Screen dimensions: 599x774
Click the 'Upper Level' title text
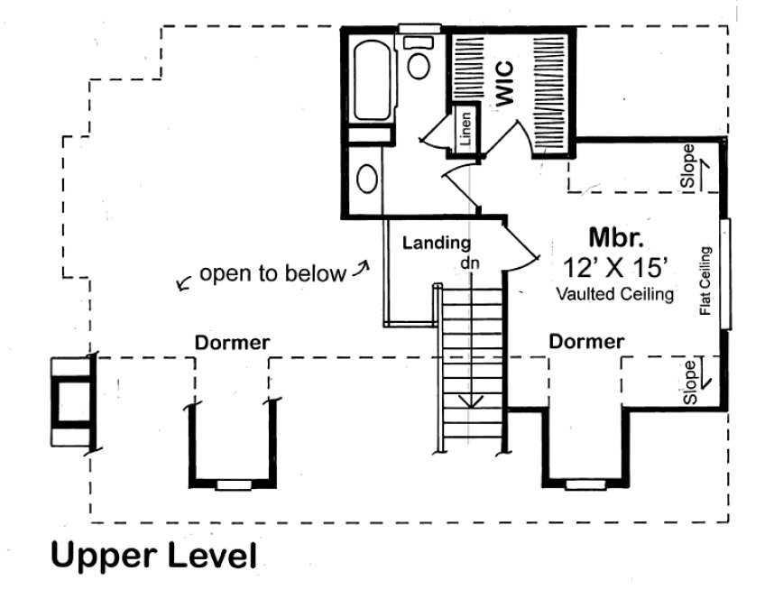click(153, 555)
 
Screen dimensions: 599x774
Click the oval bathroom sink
click(366, 178)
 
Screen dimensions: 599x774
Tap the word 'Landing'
click(436, 242)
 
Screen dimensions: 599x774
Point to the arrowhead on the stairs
click(469, 401)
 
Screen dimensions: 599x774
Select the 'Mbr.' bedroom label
click(616, 237)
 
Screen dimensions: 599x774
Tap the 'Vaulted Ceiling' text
click(614, 293)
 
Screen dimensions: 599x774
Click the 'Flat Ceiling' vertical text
click(705, 281)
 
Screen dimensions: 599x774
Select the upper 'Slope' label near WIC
click(689, 166)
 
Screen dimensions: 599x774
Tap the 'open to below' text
click(272, 273)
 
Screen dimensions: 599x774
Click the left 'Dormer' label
click(233, 342)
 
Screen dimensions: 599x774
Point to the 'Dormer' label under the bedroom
click(587, 342)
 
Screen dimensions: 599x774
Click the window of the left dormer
click(233, 484)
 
